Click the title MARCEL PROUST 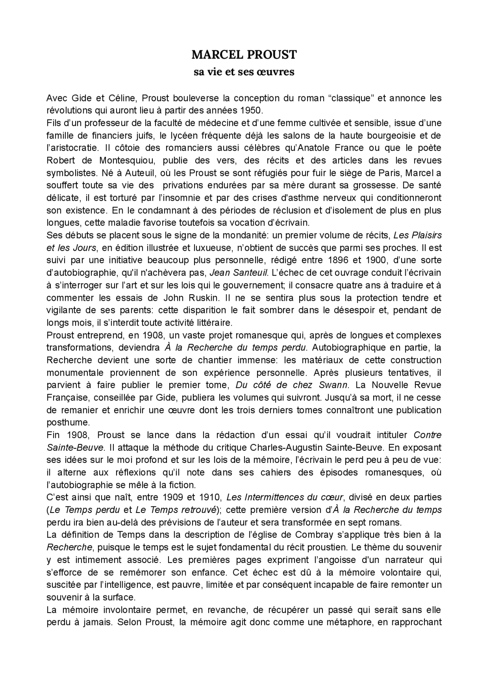(x=244, y=55)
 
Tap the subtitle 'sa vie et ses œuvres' (x=244, y=72)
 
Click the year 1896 (x=339, y=260)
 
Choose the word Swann (x=335, y=385)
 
